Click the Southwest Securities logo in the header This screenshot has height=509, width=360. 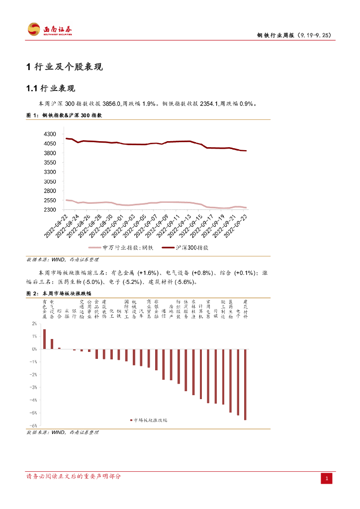(x=49, y=29)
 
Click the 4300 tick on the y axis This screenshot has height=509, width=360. (x=50, y=134)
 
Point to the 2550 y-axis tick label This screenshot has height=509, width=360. (x=50, y=200)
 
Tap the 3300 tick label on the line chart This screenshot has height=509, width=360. (x=50, y=172)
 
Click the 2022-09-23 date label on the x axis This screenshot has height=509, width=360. (x=238, y=226)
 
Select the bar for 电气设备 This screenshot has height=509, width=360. (x=52, y=344)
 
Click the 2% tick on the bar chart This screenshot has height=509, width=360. (x=34, y=324)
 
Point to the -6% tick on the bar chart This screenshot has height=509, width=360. (x=34, y=425)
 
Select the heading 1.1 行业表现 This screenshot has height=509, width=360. (x=50, y=88)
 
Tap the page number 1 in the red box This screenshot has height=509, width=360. (x=327, y=479)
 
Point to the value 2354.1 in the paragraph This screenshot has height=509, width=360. (x=209, y=104)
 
